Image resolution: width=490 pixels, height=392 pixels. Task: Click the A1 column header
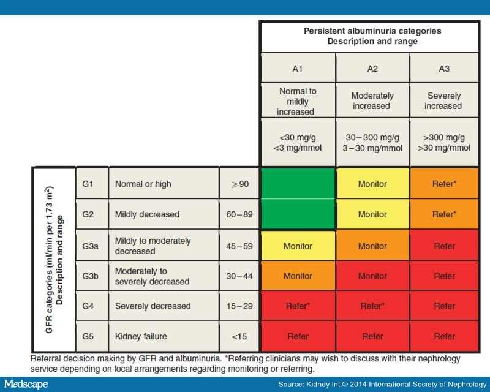tap(298, 69)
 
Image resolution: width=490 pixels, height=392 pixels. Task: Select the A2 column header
tap(372, 69)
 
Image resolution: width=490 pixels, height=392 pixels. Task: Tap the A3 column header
tap(444, 69)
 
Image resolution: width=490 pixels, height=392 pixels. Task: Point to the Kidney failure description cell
tap(164, 336)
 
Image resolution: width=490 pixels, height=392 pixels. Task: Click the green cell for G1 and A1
tap(298, 184)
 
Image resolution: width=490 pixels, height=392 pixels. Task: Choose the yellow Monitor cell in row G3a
tap(298, 246)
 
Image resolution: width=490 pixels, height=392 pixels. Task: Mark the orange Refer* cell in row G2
tap(444, 214)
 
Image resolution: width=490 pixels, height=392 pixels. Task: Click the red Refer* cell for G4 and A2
tap(372, 306)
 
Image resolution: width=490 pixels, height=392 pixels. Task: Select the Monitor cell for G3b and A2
tap(372, 276)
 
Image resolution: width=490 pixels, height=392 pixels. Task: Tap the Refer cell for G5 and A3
tap(444, 336)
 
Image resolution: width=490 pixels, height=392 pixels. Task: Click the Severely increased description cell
tap(444, 101)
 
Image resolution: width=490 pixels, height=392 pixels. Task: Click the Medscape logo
tap(25, 384)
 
